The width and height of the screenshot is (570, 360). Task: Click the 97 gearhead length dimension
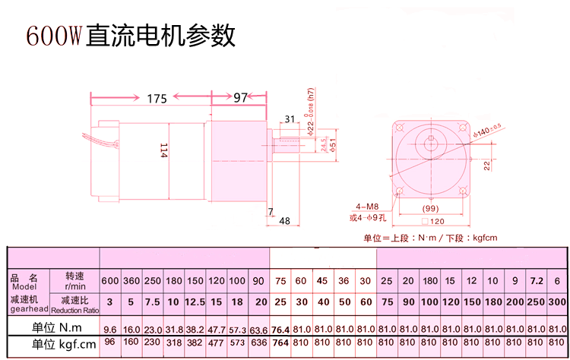[x=240, y=98]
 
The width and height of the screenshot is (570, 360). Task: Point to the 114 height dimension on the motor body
[x=163, y=151]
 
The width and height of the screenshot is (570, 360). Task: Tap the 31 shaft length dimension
[x=290, y=118]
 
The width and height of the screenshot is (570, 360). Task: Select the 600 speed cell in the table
[x=109, y=281]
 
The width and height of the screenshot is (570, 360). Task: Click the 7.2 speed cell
[x=536, y=281]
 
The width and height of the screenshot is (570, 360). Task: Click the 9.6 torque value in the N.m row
[x=109, y=330]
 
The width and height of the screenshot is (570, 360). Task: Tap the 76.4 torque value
[x=280, y=330]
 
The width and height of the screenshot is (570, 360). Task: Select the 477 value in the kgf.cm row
[x=217, y=343]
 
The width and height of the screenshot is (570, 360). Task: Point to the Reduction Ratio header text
[x=75, y=310]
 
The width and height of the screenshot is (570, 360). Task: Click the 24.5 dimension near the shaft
[x=324, y=144]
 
